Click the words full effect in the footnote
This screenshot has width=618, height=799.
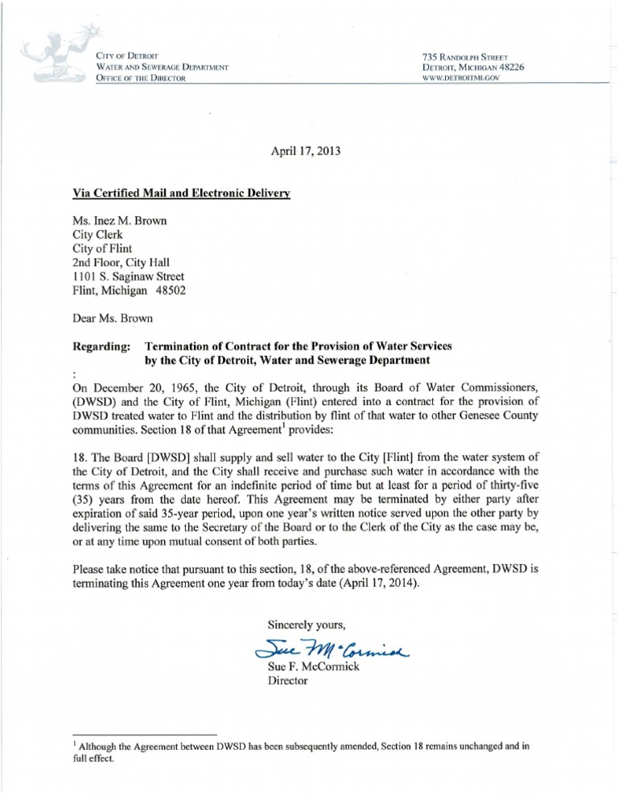[x=95, y=759]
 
